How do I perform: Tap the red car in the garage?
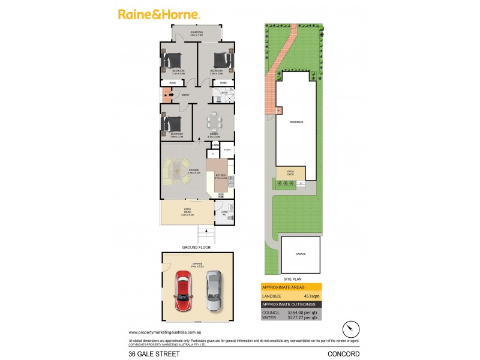(x=184, y=291)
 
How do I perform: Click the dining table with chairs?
(x=214, y=124)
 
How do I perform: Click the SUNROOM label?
(x=196, y=32)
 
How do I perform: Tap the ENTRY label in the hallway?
(x=185, y=95)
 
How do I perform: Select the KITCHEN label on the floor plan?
(x=221, y=175)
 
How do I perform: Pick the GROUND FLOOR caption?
(x=197, y=247)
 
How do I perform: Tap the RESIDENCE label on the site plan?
(x=296, y=122)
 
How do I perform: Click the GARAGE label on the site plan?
(x=300, y=254)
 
